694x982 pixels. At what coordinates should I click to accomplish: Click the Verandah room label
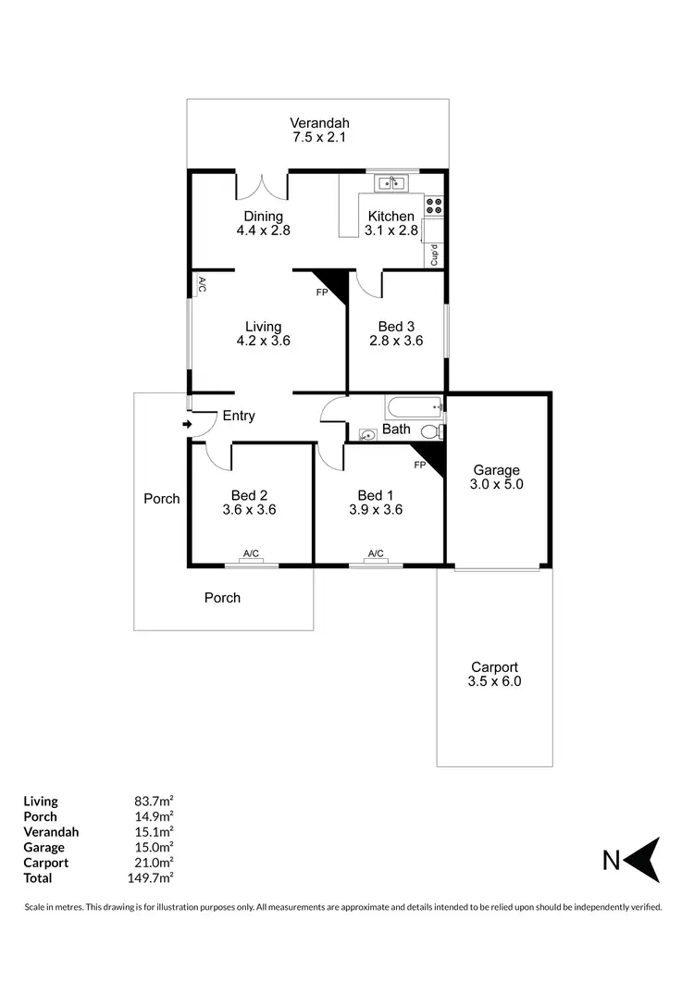[319, 123]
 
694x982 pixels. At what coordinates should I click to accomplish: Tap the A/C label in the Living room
[201, 285]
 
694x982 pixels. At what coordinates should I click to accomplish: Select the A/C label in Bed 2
[251, 554]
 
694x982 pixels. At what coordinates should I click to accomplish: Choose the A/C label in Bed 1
[376, 554]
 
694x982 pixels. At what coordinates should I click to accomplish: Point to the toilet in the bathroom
[430, 432]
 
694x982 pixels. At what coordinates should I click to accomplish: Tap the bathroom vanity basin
[366, 433]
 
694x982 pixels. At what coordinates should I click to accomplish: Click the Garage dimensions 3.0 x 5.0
[497, 483]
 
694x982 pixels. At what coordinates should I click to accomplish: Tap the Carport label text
[494, 667]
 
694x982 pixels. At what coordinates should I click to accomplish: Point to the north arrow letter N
[611, 861]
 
